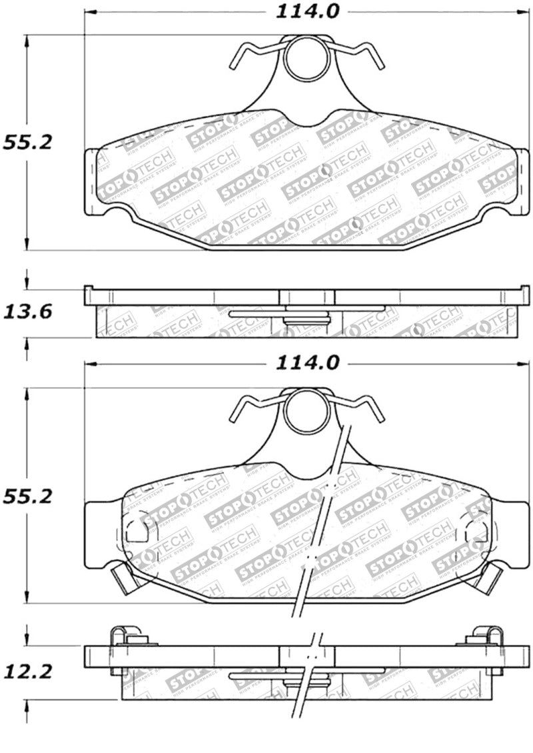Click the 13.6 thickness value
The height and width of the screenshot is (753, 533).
pyautogui.click(x=26, y=311)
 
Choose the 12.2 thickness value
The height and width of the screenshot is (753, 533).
pyautogui.click(x=26, y=673)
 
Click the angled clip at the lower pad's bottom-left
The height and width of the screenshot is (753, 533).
pyautogui.click(x=124, y=576)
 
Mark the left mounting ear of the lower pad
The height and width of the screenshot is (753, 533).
pyautogui.click(x=100, y=534)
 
